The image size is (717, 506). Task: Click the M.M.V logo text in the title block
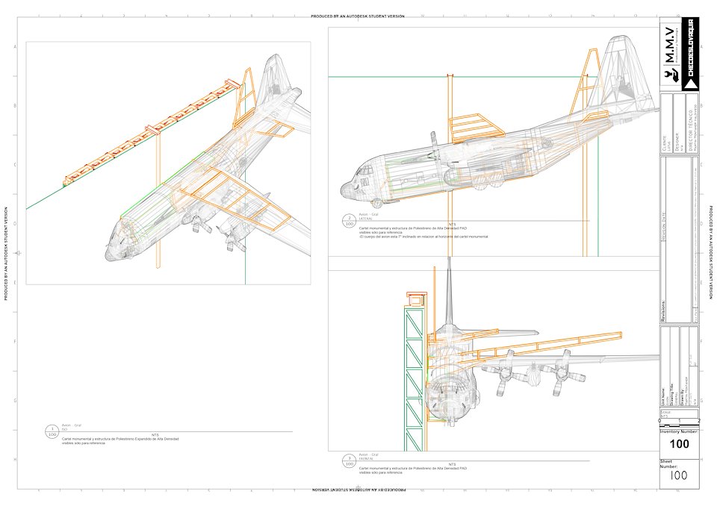[670, 45]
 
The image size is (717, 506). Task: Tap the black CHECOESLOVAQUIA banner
[690, 54]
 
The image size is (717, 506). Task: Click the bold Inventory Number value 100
[680, 444]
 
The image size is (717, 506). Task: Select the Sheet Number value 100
[679, 475]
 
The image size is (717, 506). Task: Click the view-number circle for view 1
[52, 431]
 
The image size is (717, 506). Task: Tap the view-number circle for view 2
[349, 221]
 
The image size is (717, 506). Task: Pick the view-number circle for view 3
[349, 460]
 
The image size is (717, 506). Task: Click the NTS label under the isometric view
[155, 434]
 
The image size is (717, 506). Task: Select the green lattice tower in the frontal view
[413, 381]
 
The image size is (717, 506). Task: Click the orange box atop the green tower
[415, 299]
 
